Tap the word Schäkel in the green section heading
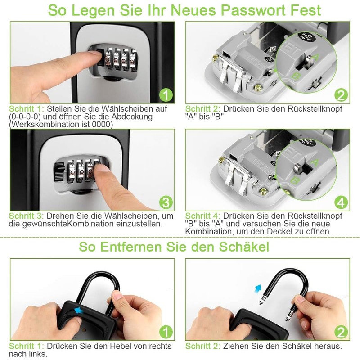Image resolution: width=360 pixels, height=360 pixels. coord(244,247)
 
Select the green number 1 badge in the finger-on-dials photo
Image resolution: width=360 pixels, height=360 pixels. coord(166,95)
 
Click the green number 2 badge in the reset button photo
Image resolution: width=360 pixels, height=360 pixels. coord(341,95)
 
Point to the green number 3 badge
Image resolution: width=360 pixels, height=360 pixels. coord(166,202)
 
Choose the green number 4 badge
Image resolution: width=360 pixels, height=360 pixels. coord(341,202)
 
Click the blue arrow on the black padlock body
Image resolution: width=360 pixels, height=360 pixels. coord(78,310)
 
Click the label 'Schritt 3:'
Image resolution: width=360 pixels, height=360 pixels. coord(26,216)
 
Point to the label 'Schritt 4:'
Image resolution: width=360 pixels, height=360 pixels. coord(202,216)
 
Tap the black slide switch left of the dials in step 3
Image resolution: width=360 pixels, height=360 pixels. coord(59,172)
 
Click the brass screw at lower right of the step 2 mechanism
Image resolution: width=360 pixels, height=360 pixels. coord(258,87)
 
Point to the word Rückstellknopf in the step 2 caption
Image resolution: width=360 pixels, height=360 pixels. coord(315,109)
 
